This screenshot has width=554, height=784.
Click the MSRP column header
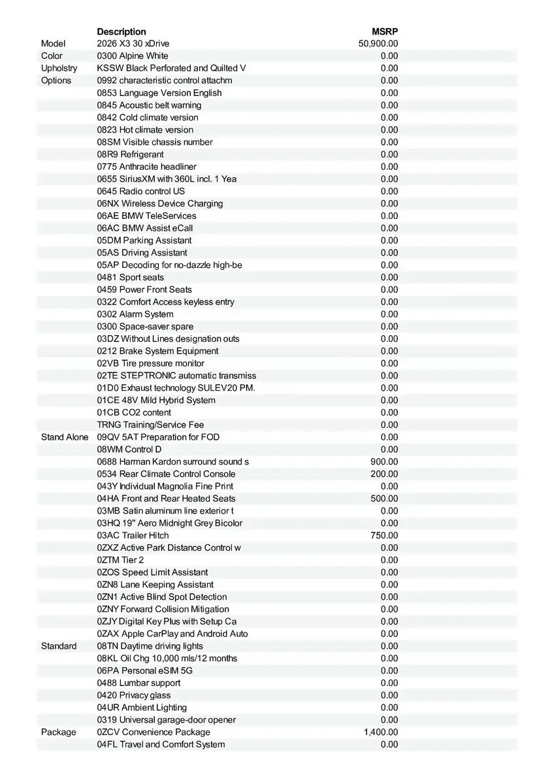pos(385,31)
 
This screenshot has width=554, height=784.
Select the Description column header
pos(122,31)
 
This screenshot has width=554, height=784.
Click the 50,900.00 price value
pos(378,44)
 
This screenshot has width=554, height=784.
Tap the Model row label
pos(54,44)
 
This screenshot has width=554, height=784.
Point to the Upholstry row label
pos(59,68)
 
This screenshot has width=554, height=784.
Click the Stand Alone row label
pos(65,437)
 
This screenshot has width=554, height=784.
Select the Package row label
pos(58,732)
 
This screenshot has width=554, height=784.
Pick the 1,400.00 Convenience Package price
pos(381,732)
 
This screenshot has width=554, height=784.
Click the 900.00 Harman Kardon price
pos(384,462)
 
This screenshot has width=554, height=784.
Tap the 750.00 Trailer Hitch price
pos(384,536)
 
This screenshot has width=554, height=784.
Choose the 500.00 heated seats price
pos(384,498)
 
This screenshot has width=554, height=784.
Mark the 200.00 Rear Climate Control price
pos(384,474)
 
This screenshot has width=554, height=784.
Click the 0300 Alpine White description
pos(133,56)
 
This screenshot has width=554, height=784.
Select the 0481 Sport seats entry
pos(131,278)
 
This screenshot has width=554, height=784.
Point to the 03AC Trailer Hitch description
pos(133,536)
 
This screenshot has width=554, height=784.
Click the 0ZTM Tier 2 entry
pos(120,560)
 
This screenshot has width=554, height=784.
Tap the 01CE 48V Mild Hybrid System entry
pos(156,400)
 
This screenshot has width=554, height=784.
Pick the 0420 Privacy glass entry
pos(134,695)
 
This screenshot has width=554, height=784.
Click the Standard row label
pos(59,646)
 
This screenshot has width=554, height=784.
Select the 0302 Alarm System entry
pos(135,314)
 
